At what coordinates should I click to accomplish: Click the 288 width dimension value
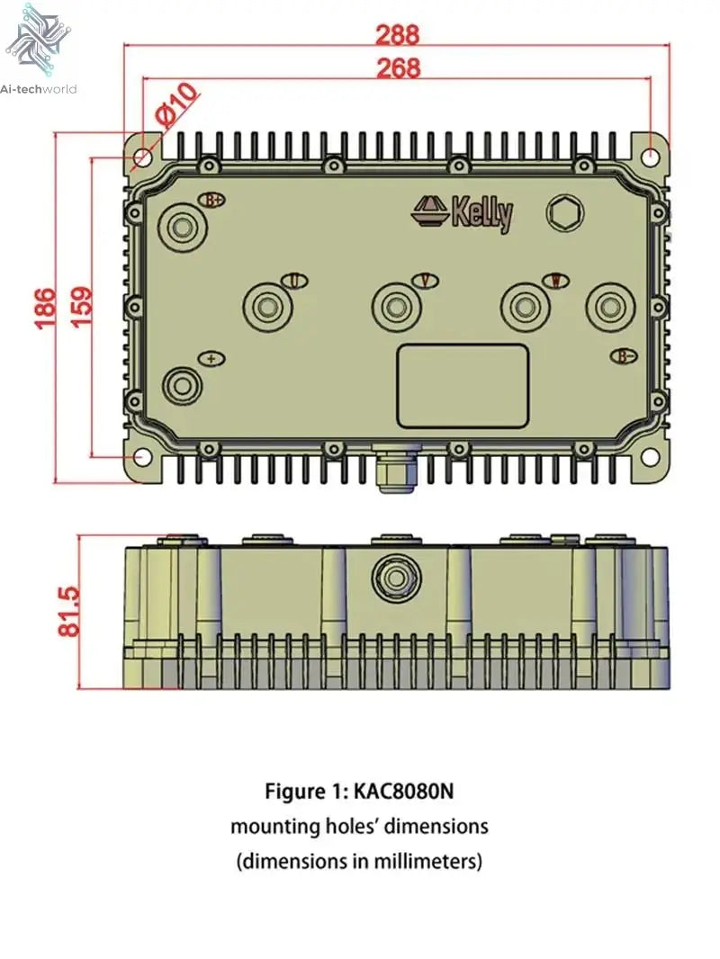(x=397, y=34)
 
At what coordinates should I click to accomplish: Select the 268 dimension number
(x=397, y=67)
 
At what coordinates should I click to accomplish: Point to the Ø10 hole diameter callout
(x=175, y=103)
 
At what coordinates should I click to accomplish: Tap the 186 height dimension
(x=46, y=308)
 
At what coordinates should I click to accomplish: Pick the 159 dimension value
(x=79, y=308)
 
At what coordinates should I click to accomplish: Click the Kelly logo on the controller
(x=464, y=213)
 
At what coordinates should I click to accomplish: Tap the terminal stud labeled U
(x=268, y=307)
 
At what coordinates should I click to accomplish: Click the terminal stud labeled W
(x=526, y=307)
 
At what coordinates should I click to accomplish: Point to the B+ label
(x=213, y=200)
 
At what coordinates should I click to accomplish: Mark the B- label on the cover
(x=626, y=356)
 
